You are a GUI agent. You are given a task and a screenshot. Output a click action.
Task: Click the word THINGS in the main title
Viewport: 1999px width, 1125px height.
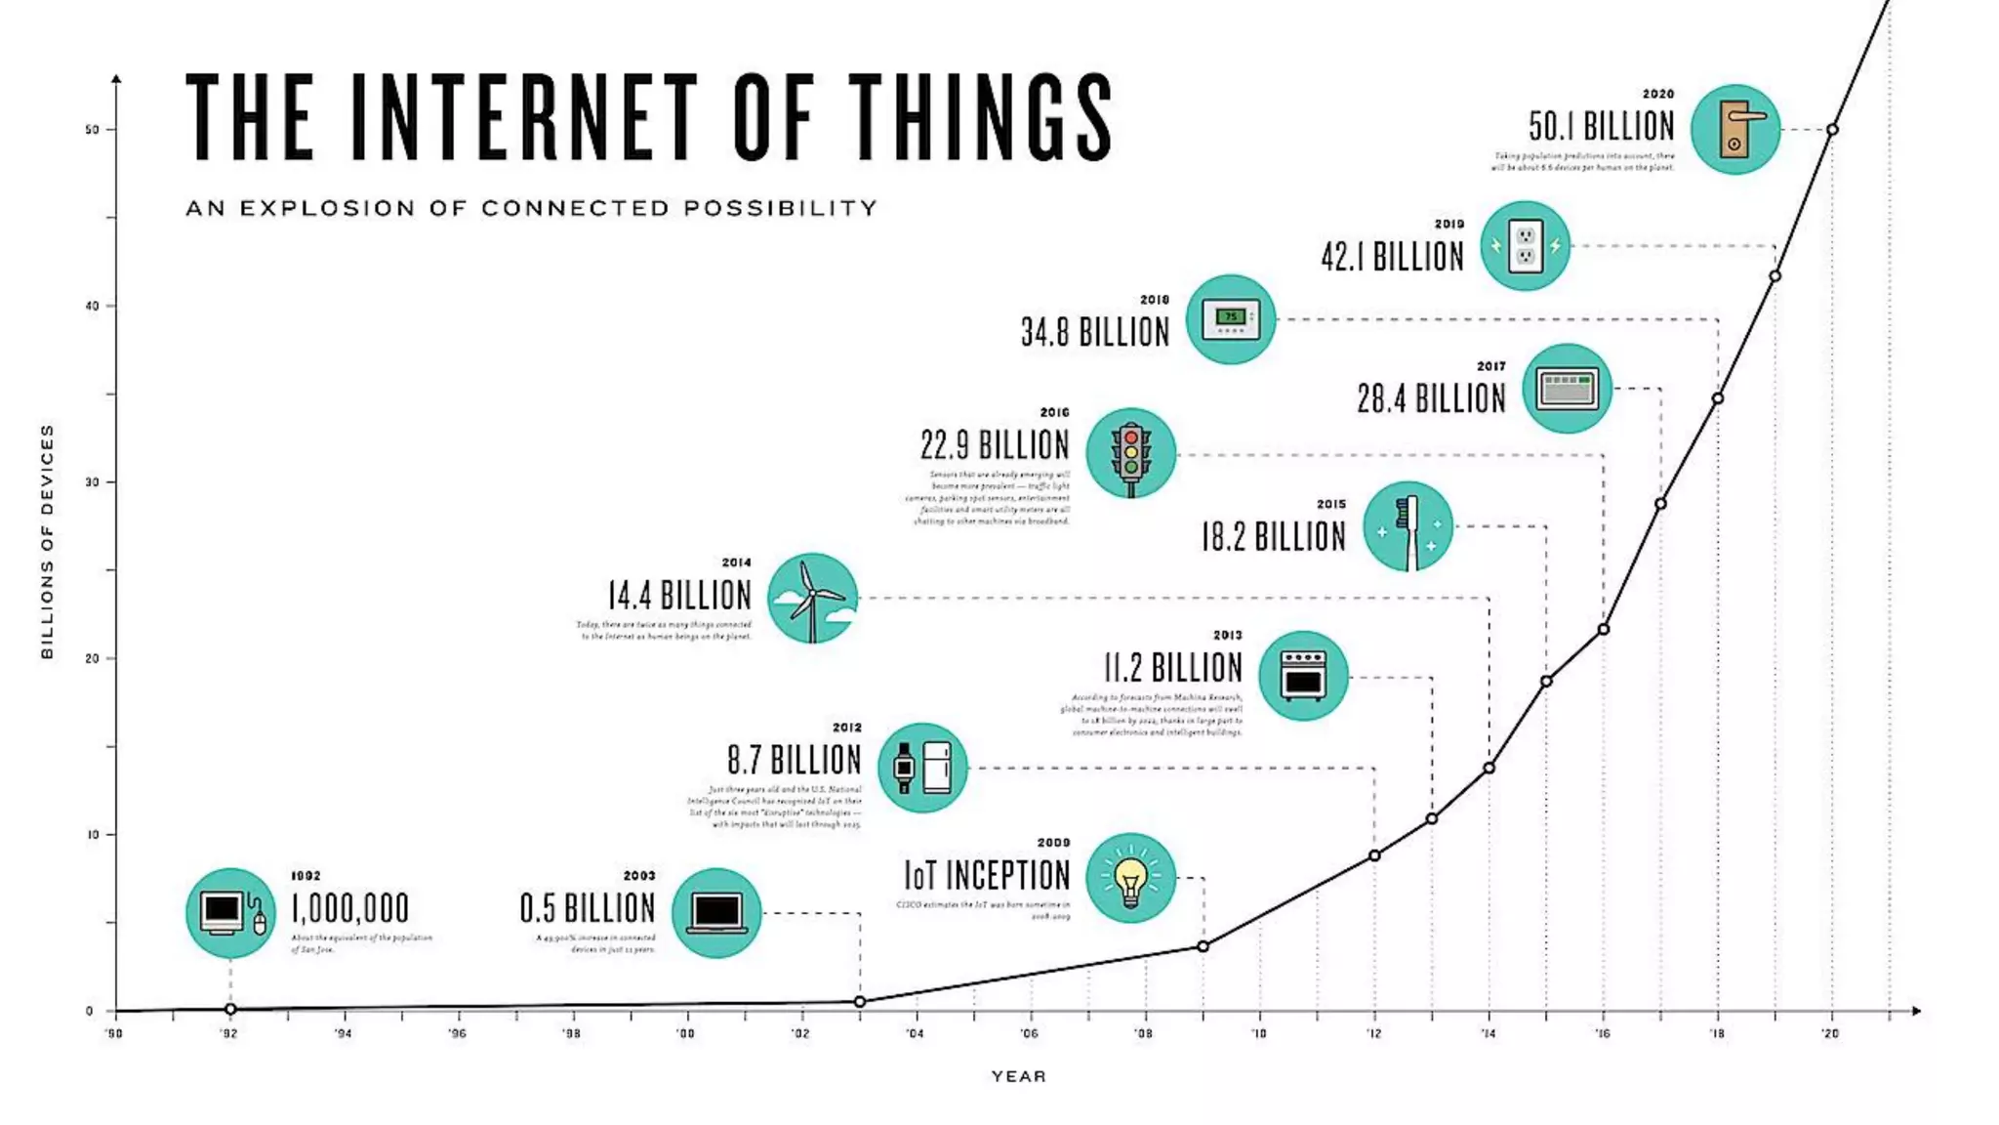[980, 117]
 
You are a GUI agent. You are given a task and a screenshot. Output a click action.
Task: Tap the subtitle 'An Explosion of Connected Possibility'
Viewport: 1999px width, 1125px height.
[531, 208]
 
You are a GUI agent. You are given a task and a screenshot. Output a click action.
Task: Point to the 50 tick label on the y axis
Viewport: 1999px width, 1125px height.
[92, 130]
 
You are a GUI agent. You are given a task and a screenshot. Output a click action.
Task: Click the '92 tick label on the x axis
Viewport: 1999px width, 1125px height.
[228, 1033]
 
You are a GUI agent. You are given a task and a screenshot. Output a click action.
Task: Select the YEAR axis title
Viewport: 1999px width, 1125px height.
[1018, 1076]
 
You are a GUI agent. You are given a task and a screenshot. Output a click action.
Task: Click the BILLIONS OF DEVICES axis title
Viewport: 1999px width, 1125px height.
[47, 541]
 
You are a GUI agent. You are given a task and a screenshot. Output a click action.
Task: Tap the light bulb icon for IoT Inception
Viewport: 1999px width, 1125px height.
[1130, 878]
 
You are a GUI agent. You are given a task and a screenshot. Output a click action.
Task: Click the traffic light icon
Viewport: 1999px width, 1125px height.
[1130, 453]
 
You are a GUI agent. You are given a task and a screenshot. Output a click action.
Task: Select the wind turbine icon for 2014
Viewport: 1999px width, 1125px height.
[812, 598]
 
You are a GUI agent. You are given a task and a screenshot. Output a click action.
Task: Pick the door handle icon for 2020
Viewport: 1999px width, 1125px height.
[1734, 130]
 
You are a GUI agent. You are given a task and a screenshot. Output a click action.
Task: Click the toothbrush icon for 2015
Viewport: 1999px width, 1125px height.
[1407, 526]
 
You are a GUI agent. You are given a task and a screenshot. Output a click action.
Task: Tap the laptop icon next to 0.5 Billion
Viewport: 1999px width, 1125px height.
[716, 913]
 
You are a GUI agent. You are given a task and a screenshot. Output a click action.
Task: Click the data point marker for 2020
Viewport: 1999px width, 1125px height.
[1832, 130]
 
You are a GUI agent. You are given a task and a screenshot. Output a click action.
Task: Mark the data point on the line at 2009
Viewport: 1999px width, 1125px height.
[1203, 946]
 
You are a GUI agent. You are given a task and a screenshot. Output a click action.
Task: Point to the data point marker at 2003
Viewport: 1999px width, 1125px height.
[860, 1002]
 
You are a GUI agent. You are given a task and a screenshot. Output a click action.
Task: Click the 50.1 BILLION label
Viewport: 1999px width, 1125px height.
[1601, 127]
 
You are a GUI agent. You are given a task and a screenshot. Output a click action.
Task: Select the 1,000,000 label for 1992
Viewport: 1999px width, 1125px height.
[350, 909]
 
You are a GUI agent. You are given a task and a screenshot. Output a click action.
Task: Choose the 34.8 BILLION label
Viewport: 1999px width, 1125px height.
[1094, 333]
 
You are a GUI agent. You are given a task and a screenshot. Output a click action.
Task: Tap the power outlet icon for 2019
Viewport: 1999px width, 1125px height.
[1525, 246]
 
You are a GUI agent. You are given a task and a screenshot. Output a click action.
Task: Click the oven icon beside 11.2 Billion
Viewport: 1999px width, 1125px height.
[1303, 676]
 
